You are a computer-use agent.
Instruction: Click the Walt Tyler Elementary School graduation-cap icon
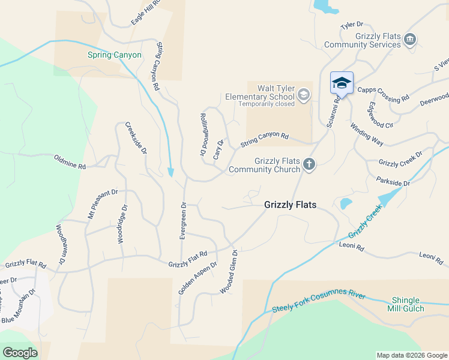coord(304,94)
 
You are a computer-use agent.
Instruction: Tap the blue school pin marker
coord(342,83)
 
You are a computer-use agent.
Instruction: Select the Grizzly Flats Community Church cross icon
coord(309,164)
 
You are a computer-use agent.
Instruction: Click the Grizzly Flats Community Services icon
coord(410,40)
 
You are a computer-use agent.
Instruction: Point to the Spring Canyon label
coord(115,55)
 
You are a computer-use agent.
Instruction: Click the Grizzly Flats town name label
coord(291,205)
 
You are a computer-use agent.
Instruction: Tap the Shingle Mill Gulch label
coord(408,304)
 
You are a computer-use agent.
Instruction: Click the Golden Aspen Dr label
coord(197,278)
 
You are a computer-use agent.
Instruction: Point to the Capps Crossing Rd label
coord(383,94)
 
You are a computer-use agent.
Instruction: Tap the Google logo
coord(20,353)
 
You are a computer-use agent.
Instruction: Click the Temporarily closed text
coord(267,104)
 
